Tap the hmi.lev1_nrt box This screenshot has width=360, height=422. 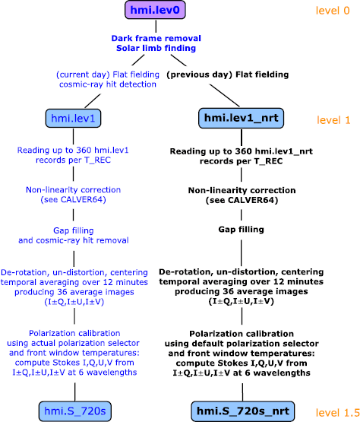click(242, 119)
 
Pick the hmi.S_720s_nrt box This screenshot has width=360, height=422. click(242, 412)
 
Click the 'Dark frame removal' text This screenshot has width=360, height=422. click(154, 38)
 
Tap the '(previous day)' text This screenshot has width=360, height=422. click(197, 74)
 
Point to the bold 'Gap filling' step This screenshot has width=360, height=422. click(242, 229)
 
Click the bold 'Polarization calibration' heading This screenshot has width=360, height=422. click(242, 335)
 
